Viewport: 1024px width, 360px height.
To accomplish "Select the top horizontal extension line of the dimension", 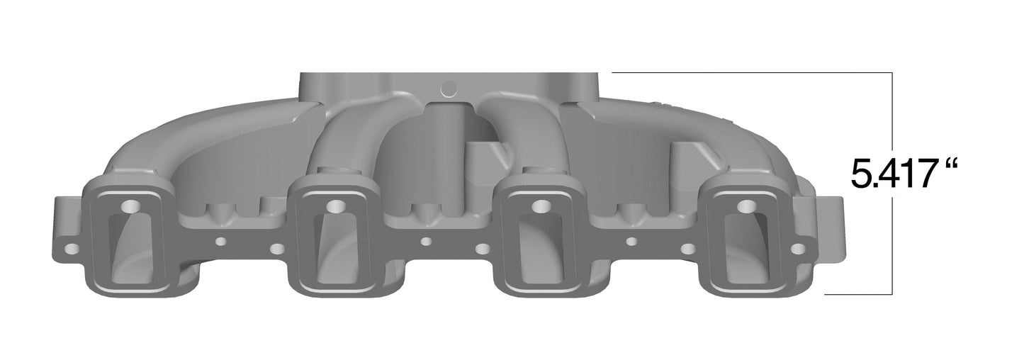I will click(751, 73).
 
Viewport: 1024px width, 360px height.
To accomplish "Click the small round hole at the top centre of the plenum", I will click(449, 89).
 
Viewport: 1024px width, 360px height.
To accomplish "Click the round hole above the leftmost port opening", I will click(130, 206).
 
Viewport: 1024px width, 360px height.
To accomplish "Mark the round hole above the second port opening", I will click(335, 206).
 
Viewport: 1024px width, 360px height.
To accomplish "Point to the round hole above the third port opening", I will click(541, 206).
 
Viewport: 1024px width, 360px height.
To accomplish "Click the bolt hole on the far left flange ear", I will click(72, 249).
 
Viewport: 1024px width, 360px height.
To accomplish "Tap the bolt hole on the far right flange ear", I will click(798, 249).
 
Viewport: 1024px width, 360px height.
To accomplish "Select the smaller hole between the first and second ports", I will click(220, 242).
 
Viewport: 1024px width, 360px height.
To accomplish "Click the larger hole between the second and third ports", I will click(483, 249).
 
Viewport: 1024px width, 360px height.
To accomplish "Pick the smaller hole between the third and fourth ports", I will click(631, 242).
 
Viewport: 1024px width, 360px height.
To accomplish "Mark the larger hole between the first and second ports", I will click(277, 249).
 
